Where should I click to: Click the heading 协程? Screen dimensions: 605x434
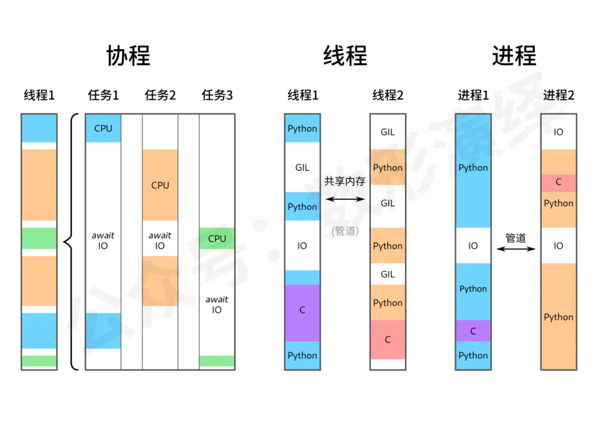(x=128, y=56)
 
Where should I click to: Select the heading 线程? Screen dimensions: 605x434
(x=345, y=56)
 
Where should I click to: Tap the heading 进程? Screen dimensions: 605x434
(x=514, y=56)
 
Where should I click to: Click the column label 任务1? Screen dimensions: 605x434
(x=103, y=95)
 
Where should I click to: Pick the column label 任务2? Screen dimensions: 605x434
(x=160, y=95)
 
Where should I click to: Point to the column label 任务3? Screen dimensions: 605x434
(x=217, y=95)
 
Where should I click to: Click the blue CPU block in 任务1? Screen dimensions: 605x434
(x=103, y=128)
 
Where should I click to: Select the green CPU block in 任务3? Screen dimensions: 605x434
(x=217, y=239)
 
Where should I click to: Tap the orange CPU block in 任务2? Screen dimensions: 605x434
(x=160, y=185)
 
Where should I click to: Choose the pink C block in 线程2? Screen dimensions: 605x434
(x=388, y=339)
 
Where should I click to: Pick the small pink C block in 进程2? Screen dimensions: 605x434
(x=559, y=183)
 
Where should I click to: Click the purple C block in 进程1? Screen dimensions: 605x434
(x=473, y=331)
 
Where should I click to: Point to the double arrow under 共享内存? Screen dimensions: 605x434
(x=345, y=199)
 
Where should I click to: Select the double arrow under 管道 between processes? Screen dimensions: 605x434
(x=516, y=249)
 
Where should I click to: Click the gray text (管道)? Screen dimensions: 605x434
(x=345, y=230)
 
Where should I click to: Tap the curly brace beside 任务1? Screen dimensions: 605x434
(x=69, y=242)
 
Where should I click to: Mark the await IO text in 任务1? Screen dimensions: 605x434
(x=103, y=241)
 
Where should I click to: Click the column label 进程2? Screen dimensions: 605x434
(x=559, y=95)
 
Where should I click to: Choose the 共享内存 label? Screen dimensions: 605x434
(x=345, y=181)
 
